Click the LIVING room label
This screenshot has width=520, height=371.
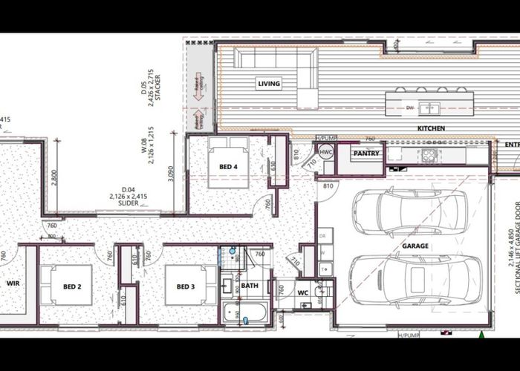click(x=269, y=84)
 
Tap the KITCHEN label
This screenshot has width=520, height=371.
click(x=431, y=128)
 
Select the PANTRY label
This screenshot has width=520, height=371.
click(x=366, y=154)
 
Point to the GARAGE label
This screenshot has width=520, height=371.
click(x=416, y=245)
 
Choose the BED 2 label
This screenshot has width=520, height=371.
click(x=72, y=286)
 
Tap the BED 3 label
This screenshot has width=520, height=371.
click(x=186, y=286)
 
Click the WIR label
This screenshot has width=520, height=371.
click(x=13, y=283)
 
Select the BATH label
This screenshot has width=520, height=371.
click(x=250, y=285)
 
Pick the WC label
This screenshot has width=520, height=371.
click(x=303, y=292)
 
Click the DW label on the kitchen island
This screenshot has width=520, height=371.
click(x=410, y=108)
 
